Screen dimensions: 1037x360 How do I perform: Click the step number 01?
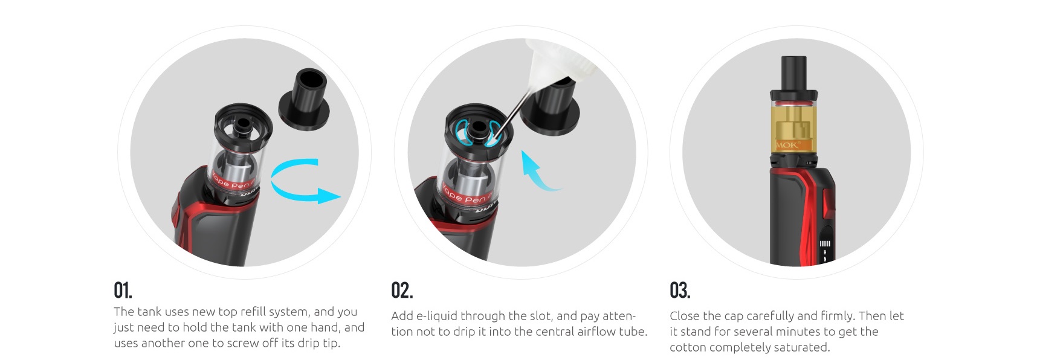tap(123, 291)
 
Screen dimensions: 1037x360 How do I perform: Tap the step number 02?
tap(402, 291)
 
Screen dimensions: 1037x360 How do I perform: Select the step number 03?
tap(680, 291)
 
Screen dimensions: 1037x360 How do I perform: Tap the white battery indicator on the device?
tap(825, 244)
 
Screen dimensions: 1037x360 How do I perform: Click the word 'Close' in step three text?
tap(684, 316)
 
